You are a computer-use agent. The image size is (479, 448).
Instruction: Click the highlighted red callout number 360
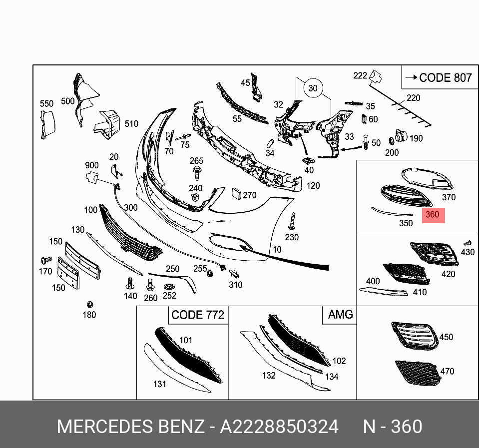click(433, 215)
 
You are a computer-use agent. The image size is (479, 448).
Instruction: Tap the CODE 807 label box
click(439, 77)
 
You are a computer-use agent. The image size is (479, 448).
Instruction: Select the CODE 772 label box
click(197, 315)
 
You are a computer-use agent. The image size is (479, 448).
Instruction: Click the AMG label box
click(340, 315)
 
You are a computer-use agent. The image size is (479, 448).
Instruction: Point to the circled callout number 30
click(313, 88)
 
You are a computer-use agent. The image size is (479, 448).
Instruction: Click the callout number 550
click(46, 104)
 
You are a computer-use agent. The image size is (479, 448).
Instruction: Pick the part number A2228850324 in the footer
click(279, 427)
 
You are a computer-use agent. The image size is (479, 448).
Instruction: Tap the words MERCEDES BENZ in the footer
click(131, 427)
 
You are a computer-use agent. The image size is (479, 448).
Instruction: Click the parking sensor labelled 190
click(400, 135)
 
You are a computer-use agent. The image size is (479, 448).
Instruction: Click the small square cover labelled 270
click(236, 194)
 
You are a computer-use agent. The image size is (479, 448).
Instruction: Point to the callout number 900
click(91, 165)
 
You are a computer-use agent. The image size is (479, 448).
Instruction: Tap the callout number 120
click(313, 186)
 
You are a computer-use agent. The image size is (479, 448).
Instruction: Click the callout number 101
click(185, 340)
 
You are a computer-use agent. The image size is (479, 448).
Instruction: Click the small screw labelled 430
click(468, 242)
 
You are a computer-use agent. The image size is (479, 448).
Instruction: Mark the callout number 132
click(269, 375)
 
